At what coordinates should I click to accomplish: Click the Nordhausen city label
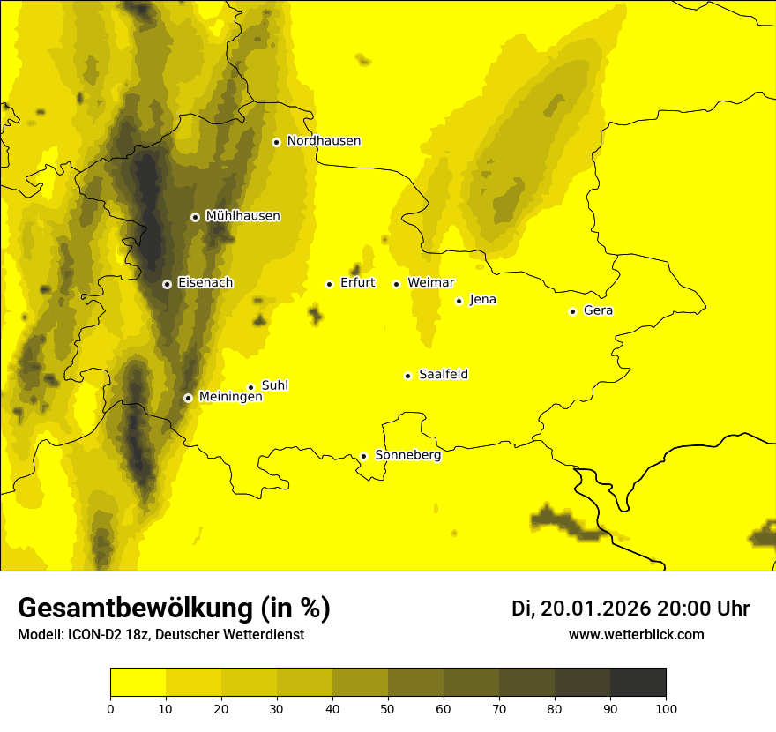pyautogui.click(x=324, y=141)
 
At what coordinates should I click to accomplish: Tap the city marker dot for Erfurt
pyautogui.click(x=329, y=284)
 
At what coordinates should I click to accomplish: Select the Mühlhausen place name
pyautogui.click(x=242, y=216)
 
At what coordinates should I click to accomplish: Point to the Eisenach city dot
pyautogui.click(x=167, y=284)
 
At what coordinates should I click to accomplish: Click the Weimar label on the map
pyautogui.click(x=431, y=283)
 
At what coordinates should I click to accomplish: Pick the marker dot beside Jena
pyautogui.click(x=459, y=301)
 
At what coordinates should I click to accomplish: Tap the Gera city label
pyautogui.click(x=598, y=310)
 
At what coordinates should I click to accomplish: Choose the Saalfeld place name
pyautogui.click(x=444, y=375)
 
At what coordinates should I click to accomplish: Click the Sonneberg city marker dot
pyautogui.click(x=363, y=456)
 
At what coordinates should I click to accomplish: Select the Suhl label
pyautogui.click(x=275, y=385)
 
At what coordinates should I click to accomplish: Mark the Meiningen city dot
pyautogui.click(x=188, y=398)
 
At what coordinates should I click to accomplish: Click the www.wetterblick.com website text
pyautogui.click(x=636, y=635)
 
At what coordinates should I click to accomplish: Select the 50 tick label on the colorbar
pyautogui.click(x=388, y=708)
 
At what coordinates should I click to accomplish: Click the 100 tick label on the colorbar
pyautogui.click(x=666, y=708)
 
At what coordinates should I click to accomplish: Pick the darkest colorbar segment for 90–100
pyautogui.click(x=638, y=683)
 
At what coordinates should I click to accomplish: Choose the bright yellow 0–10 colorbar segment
pyautogui.click(x=138, y=683)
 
